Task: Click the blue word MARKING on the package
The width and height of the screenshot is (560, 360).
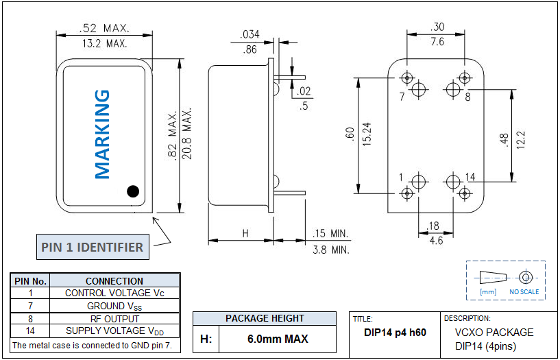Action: point(101,134)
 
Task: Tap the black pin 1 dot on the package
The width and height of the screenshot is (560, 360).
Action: point(132,191)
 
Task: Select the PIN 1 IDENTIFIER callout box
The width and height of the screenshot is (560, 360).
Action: point(92,247)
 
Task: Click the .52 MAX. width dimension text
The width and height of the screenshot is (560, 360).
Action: point(104,28)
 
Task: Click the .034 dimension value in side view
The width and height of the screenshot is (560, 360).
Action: point(250,35)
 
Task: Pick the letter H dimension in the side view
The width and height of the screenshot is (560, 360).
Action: point(245,233)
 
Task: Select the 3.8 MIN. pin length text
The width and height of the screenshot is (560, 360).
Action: point(330,250)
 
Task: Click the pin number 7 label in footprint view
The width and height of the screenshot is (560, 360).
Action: point(402,97)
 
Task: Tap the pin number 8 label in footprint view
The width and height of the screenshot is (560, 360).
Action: point(467,97)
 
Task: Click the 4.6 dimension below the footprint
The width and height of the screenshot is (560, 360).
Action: point(435,241)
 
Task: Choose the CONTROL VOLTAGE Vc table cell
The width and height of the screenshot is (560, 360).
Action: point(114,293)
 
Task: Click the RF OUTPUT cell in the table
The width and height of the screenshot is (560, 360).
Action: point(114,318)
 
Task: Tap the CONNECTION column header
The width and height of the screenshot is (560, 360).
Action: point(114,280)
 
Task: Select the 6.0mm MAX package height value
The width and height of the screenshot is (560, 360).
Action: point(278,339)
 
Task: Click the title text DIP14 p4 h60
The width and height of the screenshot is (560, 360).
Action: point(395,333)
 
